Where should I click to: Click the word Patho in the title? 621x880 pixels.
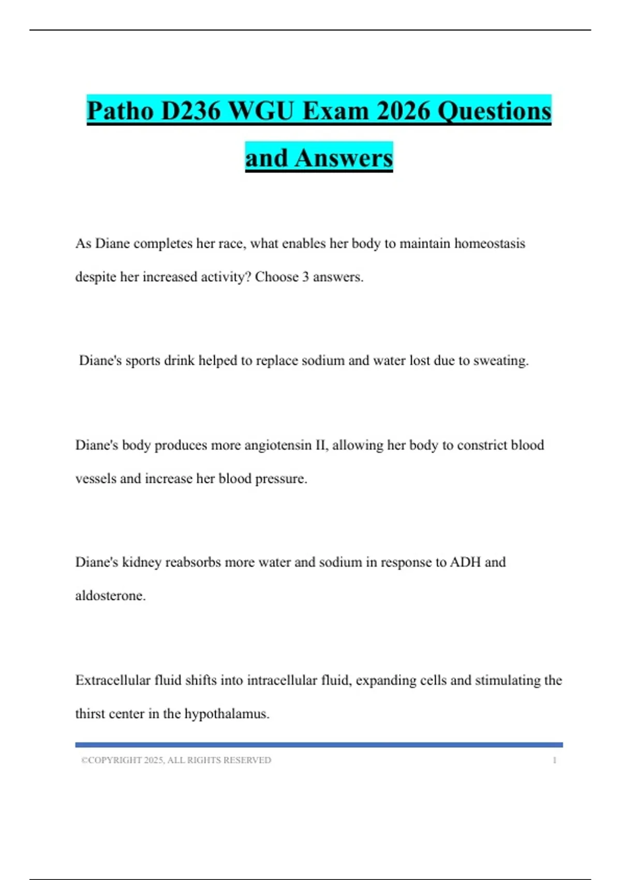(121, 111)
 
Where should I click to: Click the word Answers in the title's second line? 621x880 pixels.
(344, 158)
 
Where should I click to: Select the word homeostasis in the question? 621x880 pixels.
(490, 243)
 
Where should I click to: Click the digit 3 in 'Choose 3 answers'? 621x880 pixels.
(306, 277)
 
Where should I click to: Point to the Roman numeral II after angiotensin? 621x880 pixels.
(321, 445)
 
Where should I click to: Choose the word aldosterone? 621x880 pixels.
(110, 596)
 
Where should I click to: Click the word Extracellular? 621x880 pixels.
(113, 680)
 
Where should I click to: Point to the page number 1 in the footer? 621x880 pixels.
(555, 760)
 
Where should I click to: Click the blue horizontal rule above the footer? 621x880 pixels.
(319, 745)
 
